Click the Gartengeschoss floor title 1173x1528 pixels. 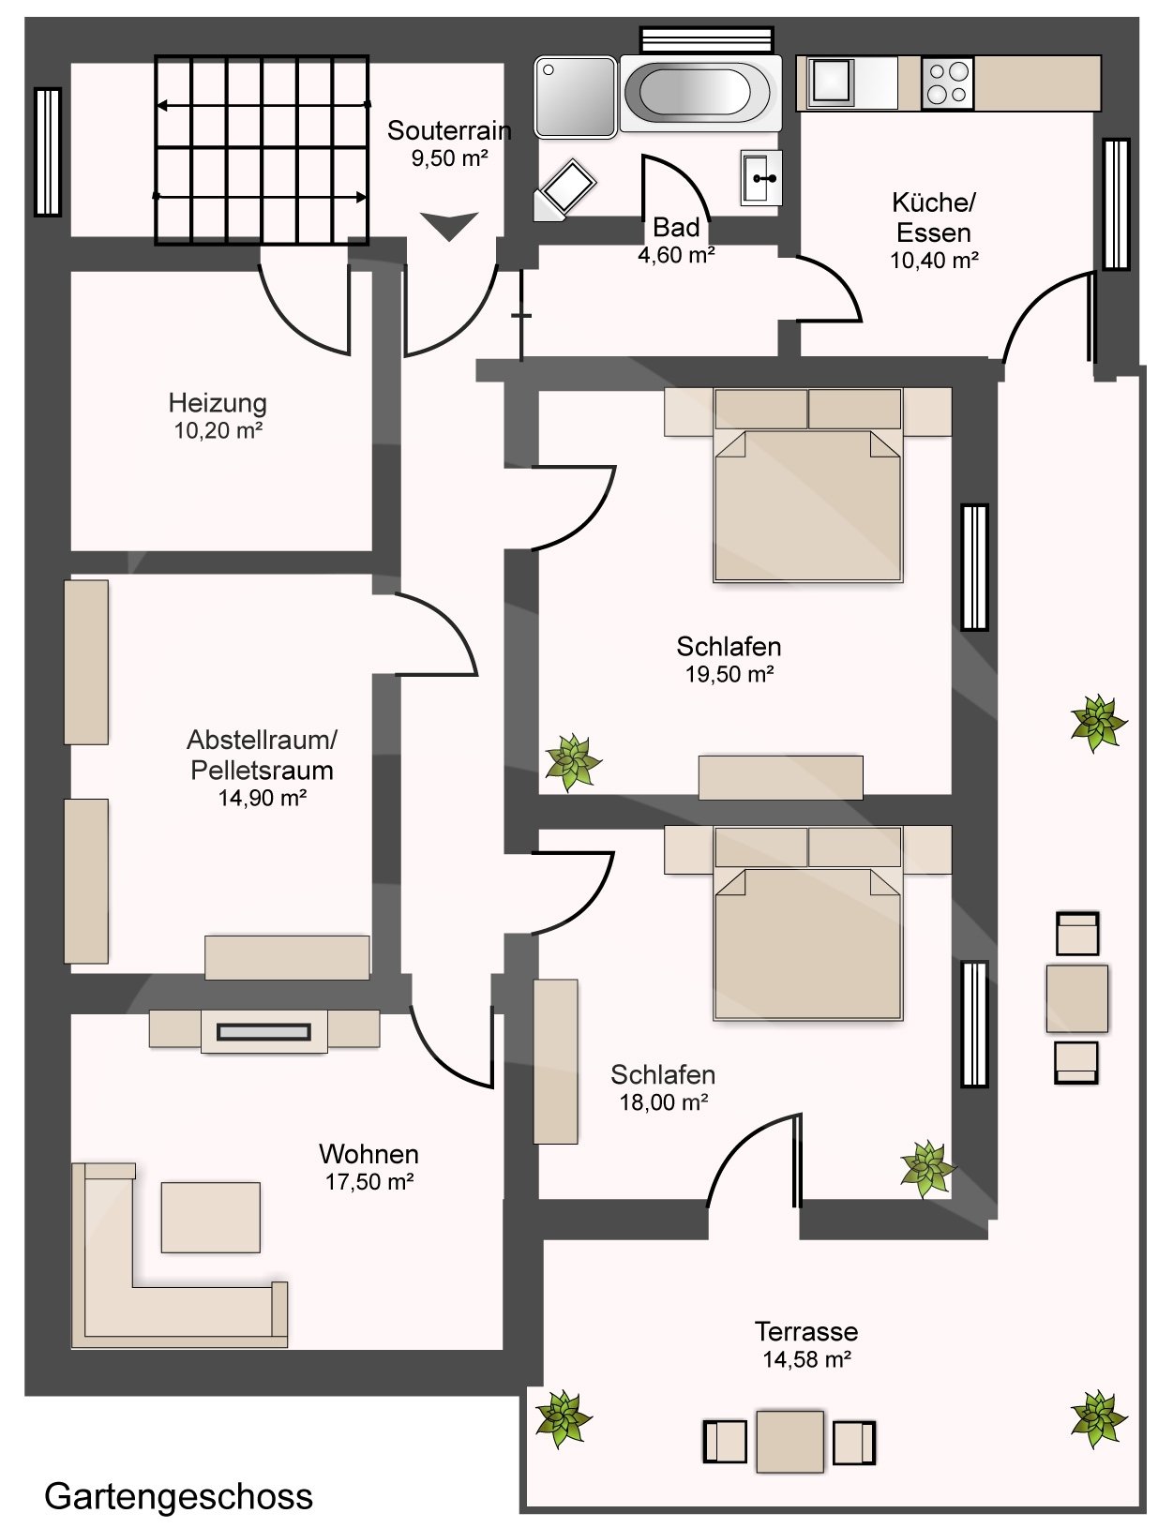(178, 1496)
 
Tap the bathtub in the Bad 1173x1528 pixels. (700, 94)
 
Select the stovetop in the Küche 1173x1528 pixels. (947, 83)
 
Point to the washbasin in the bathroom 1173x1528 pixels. (760, 178)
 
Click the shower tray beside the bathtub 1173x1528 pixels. (576, 97)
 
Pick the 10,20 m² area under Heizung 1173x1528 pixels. (218, 430)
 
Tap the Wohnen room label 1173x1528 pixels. (368, 1154)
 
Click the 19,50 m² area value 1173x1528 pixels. (729, 674)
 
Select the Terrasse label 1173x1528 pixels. (806, 1331)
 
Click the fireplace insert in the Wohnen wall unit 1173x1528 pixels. (263, 1032)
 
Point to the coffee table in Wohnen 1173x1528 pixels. (210, 1217)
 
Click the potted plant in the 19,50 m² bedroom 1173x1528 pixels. (573, 762)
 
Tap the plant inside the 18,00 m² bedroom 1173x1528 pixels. (927, 1168)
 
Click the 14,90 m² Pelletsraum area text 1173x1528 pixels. (262, 798)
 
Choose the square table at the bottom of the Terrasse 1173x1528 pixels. (790, 1441)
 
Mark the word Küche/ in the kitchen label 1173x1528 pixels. (933, 202)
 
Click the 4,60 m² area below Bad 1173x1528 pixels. (676, 255)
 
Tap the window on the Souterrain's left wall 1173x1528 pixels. (48, 152)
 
